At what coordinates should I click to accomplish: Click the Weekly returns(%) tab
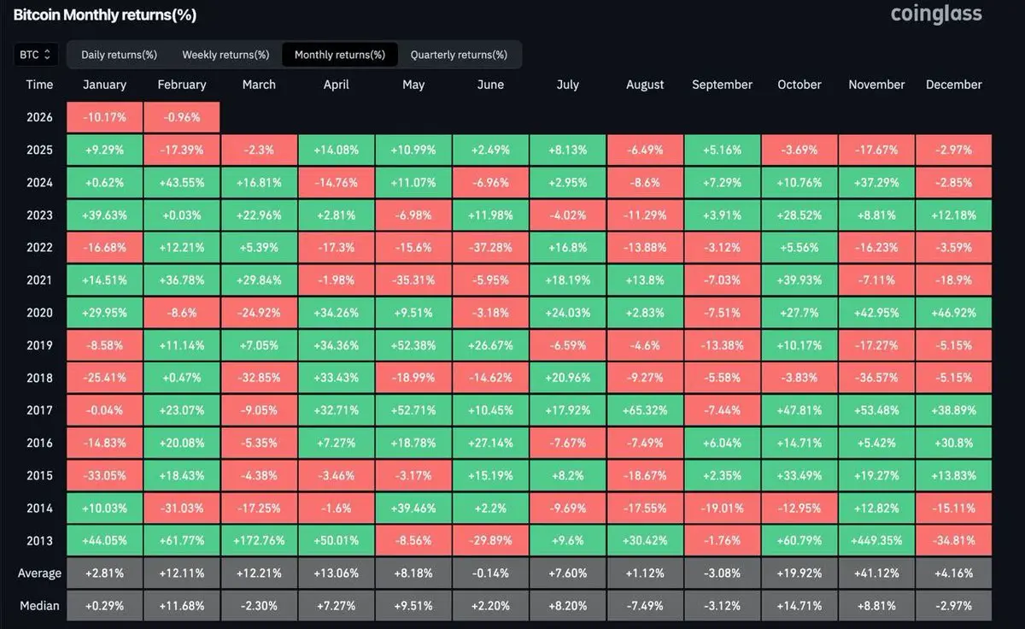(x=225, y=55)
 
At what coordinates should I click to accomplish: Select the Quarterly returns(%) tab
(x=459, y=55)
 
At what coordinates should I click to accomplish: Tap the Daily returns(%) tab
(x=119, y=55)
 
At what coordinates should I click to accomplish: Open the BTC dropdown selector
(x=36, y=55)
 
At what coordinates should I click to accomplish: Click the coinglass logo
(x=936, y=14)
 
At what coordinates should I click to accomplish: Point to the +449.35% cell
(x=876, y=540)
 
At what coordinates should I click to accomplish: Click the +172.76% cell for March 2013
(x=259, y=540)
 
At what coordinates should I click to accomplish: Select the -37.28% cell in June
(x=490, y=248)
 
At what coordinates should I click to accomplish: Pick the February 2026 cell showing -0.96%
(x=182, y=117)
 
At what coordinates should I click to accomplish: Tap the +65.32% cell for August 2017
(x=645, y=410)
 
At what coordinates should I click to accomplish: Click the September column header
(x=722, y=85)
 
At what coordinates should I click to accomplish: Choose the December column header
(x=953, y=85)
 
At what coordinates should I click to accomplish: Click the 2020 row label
(x=39, y=313)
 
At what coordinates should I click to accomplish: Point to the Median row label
(x=40, y=606)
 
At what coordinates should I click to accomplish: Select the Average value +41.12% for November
(x=876, y=573)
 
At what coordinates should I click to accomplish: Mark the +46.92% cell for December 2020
(x=953, y=313)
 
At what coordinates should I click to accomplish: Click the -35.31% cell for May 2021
(x=413, y=280)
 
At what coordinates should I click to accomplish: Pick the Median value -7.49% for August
(x=645, y=606)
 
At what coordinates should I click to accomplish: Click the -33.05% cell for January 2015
(x=104, y=475)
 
